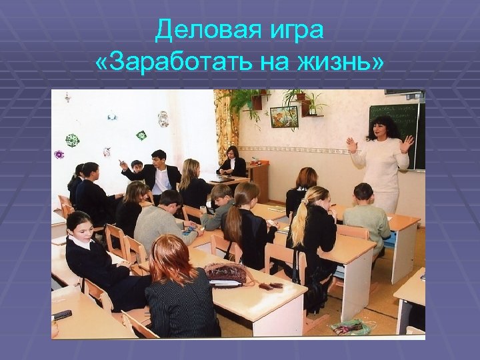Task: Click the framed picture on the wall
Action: click(283, 117)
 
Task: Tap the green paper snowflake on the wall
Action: click(71, 140)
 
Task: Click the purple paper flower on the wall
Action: click(59, 155)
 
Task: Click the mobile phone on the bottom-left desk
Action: click(63, 314)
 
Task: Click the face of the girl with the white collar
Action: click(78, 227)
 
